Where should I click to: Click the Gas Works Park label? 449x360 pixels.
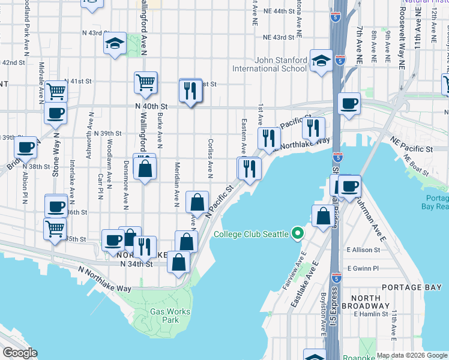point(170,316)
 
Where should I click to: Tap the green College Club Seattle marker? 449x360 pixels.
point(297,233)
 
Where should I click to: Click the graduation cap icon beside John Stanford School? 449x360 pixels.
point(321,61)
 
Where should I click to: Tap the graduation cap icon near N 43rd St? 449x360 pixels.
point(114,43)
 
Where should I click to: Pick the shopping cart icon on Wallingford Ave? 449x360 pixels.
point(145,82)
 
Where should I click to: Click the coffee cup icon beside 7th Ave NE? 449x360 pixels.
point(349,103)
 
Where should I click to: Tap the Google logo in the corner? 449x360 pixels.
point(19,353)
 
